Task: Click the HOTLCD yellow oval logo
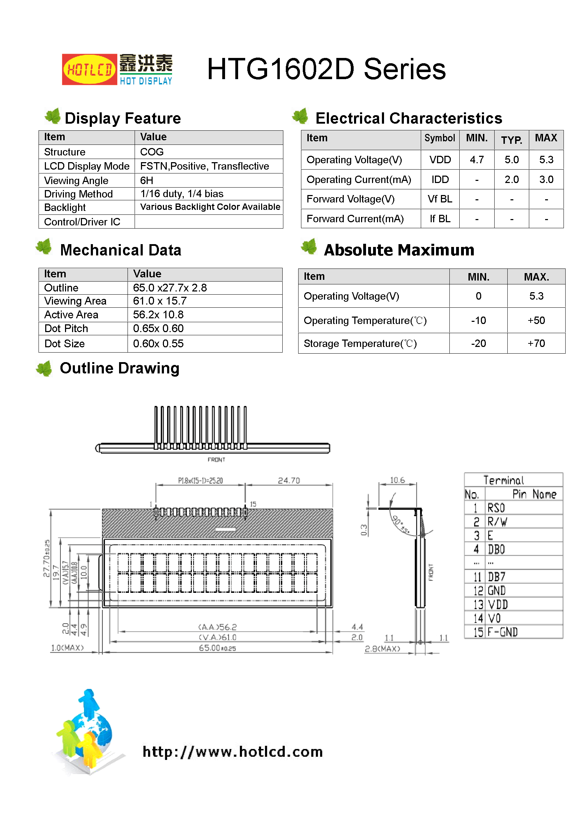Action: pyautogui.click(x=89, y=70)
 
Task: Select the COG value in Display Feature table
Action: pyautogui.click(x=152, y=152)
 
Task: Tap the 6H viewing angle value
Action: pyautogui.click(x=147, y=180)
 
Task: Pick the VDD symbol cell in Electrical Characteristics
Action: pyautogui.click(x=440, y=160)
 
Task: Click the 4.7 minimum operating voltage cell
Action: pyautogui.click(x=476, y=160)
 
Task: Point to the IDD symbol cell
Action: pyautogui.click(x=440, y=179)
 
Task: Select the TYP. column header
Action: pyautogui.click(x=511, y=140)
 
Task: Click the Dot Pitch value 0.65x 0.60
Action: pyautogui.click(x=158, y=329)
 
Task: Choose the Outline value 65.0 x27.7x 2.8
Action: pyautogui.click(x=170, y=288)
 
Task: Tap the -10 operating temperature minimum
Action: pyautogui.click(x=478, y=320)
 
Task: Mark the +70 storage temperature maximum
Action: pyautogui.click(x=536, y=343)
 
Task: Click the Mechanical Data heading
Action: pyautogui.click(x=120, y=250)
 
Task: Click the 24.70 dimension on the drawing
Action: pyautogui.click(x=289, y=480)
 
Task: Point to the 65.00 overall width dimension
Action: pyautogui.click(x=217, y=648)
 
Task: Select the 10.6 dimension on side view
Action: pyautogui.click(x=397, y=480)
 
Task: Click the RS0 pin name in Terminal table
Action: pyautogui.click(x=496, y=508)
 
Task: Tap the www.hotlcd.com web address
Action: pyautogui.click(x=232, y=751)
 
